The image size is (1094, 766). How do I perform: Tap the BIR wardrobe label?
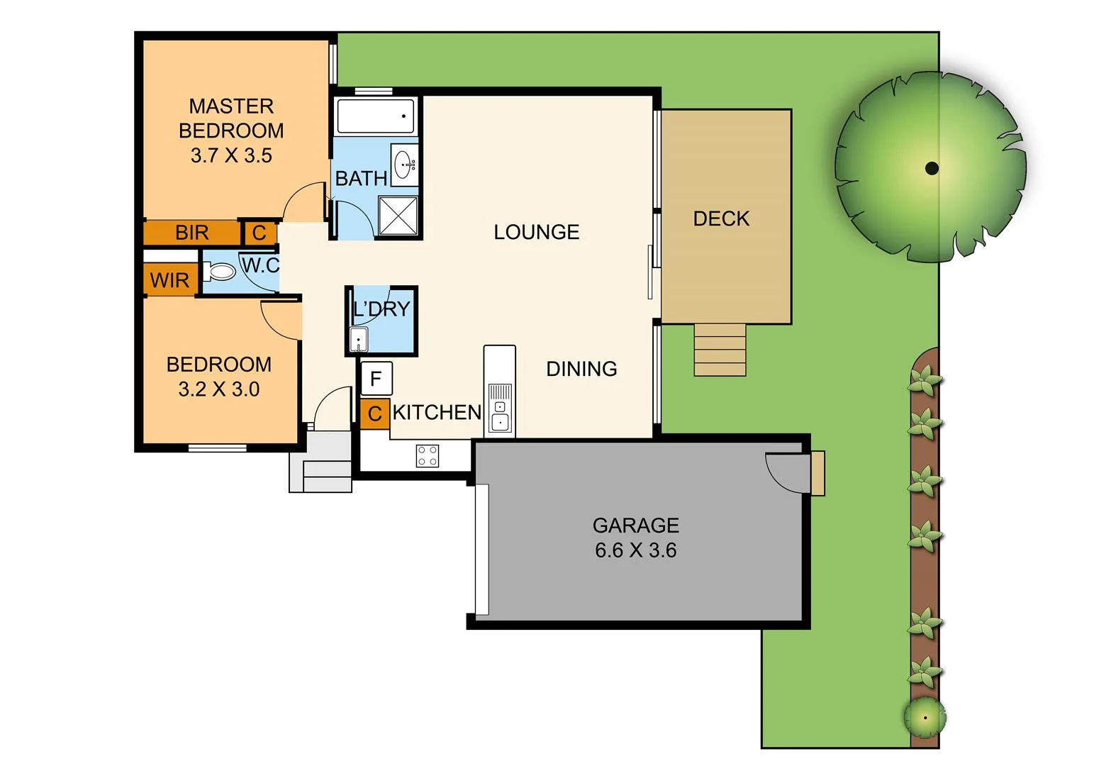coord(191,233)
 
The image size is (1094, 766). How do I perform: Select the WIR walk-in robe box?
coord(169,280)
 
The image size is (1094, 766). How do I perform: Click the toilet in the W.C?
coord(220,271)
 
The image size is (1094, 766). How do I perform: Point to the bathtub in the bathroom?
coord(375,116)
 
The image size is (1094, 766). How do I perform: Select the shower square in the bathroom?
coord(398,216)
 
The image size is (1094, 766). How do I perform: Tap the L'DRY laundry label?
coord(381,309)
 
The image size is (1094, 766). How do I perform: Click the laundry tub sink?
coord(359,340)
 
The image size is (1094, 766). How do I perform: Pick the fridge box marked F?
coord(376,379)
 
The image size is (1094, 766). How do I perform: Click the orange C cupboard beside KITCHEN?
coord(374,414)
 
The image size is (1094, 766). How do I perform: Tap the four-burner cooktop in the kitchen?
coord(428,455)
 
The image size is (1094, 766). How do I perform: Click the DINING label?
coord(581,369)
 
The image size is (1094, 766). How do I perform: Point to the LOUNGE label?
coord(536,232)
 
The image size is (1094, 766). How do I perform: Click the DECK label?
coord(721,218)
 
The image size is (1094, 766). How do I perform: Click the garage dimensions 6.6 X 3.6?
coord(635,550)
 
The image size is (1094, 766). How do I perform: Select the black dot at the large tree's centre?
coord(932,168)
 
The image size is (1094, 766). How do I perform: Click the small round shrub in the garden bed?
coord(925,717)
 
